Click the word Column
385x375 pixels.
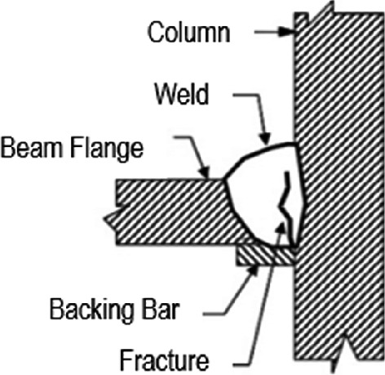click(188, 33)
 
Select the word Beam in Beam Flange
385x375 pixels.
click(33, 149)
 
